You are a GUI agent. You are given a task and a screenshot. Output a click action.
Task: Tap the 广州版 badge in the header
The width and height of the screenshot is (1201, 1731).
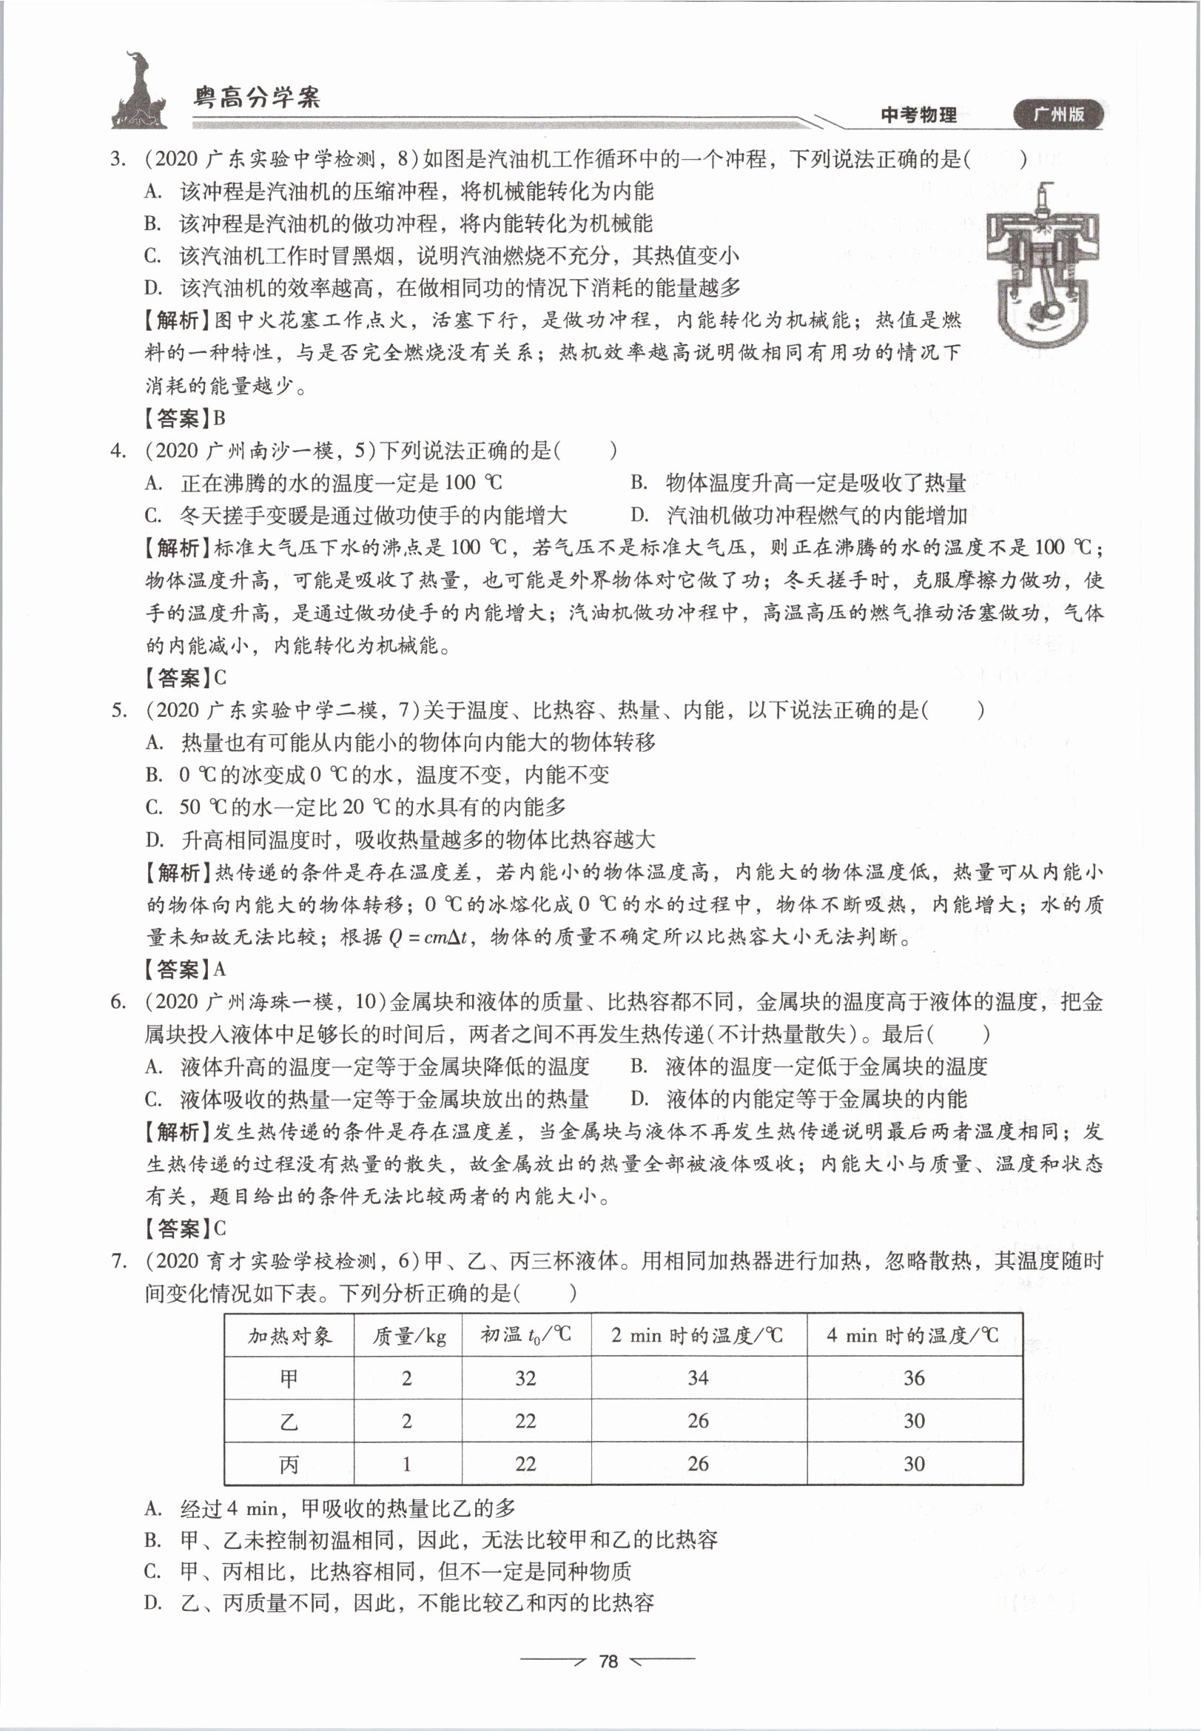pos(1058,115)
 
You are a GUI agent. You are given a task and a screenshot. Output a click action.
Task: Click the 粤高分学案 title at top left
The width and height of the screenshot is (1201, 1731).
pos(257,97)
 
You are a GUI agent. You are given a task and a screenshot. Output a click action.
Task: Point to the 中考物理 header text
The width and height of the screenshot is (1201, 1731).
pos(918,115)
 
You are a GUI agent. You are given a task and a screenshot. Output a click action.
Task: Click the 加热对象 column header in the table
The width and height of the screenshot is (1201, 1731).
pos(290,1336)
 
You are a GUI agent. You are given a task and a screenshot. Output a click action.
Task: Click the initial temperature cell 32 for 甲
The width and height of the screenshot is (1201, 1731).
pos(525,1379)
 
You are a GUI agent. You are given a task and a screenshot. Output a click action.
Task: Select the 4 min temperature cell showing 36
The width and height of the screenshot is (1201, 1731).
pos(914,1379)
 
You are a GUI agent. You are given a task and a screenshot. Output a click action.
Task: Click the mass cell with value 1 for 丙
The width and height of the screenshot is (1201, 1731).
pos(407,1464)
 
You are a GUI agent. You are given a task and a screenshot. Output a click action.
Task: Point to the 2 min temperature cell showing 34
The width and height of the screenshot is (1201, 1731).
pos(698,1379)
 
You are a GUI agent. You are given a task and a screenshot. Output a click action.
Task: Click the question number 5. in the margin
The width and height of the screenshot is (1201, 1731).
pos(119,710)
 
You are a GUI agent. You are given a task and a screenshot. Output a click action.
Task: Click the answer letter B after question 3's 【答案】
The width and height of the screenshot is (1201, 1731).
pos(220,418)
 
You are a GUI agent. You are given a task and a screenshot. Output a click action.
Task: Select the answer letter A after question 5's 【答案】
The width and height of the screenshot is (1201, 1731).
pos(220,969)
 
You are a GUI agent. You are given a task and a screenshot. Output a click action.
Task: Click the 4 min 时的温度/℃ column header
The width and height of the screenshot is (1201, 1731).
pos(913,1336)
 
